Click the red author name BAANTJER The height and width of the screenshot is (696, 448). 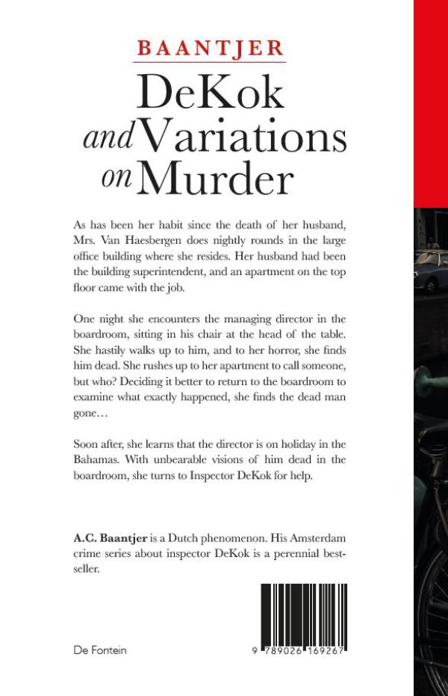pos(210,49)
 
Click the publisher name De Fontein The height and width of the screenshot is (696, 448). pos(100,650)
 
